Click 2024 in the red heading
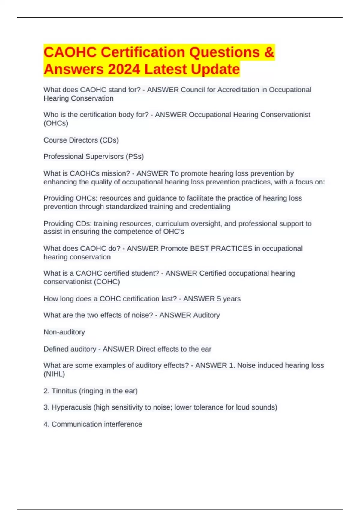[x=124, y=69]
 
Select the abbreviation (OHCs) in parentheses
[x=56, y=123]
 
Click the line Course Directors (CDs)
[x=81, y=140]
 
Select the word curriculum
[x=172, y=224]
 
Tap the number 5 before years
[x=219, y=299]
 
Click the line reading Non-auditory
[x=64, y=332]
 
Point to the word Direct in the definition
[x=146, y=349]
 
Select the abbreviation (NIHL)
[x=54, y=374]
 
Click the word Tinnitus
[x=64, y=391]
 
